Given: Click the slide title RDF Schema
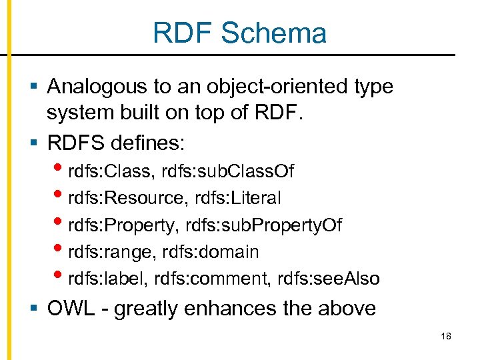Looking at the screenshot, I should (239, 33).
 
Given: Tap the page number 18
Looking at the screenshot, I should (446, 336).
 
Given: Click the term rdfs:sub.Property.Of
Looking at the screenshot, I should (260, 225).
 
